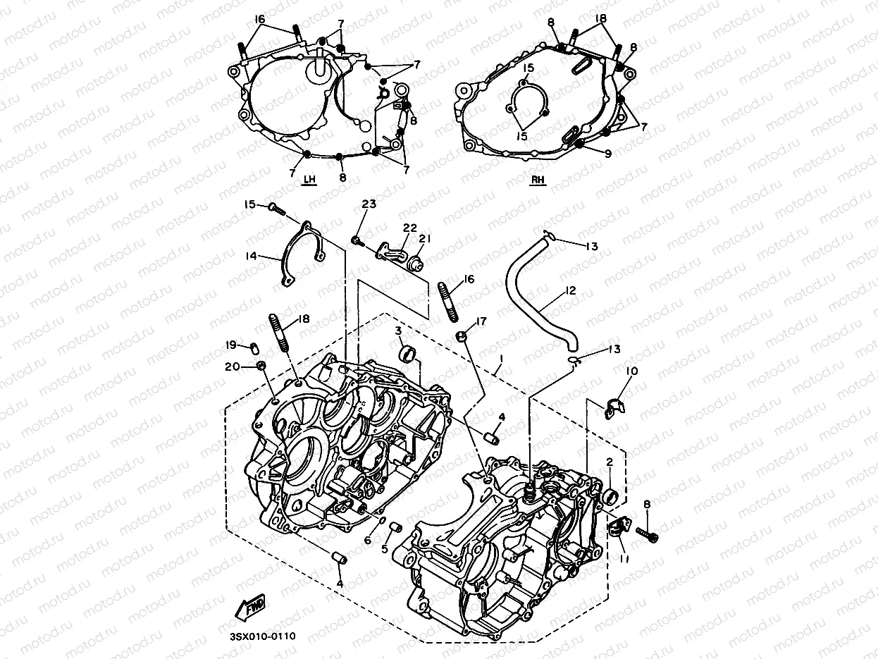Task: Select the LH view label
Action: tap(309, 180)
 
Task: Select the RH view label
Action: tap(538, 180)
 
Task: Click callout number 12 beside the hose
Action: tap(571, 290)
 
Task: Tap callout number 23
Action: tap(369, 204)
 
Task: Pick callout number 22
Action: tap(410, 228)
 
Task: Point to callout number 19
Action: tap(230, 344)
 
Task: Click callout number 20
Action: tap(232, 367)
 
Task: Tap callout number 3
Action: tap(398, 331)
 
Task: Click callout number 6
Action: tap(367, 540)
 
